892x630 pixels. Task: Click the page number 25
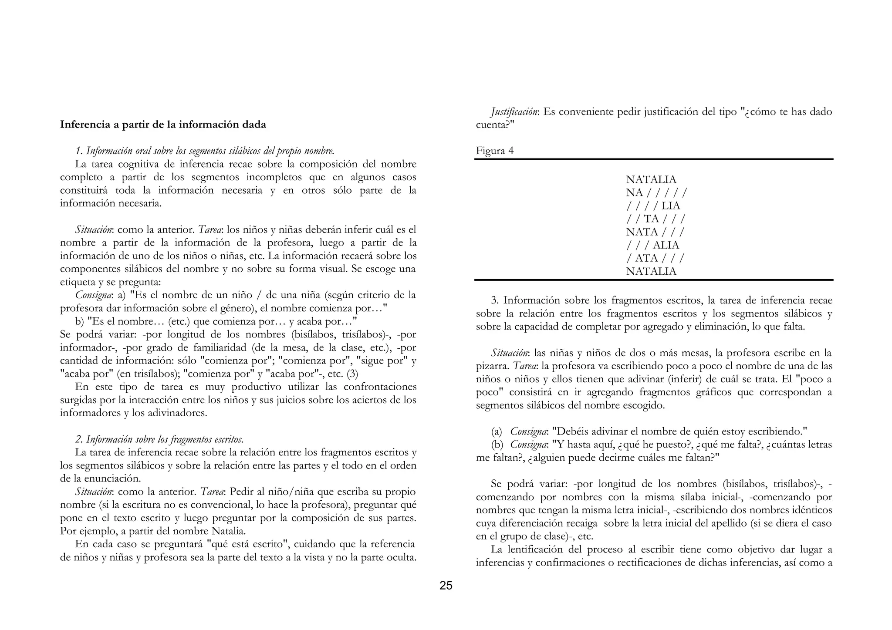click(x=446, y=586)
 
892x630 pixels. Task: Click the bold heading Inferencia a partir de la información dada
click(x=163, y=125)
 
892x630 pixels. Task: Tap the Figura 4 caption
click(x=494, y=151)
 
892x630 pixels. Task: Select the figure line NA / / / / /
click(x=656, y=192)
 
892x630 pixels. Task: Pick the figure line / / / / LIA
click(x=653, y=206)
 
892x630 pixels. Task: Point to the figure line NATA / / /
click(x=655, y=232)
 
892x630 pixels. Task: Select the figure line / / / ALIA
click(x=652, y=245)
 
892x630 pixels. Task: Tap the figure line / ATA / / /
click(x=655, y=258)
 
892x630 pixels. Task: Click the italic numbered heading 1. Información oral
click(x=205, y=151)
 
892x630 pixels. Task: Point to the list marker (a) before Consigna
click(x=496, y=431)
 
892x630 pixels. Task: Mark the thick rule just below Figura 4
click(x=653, y=159)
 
